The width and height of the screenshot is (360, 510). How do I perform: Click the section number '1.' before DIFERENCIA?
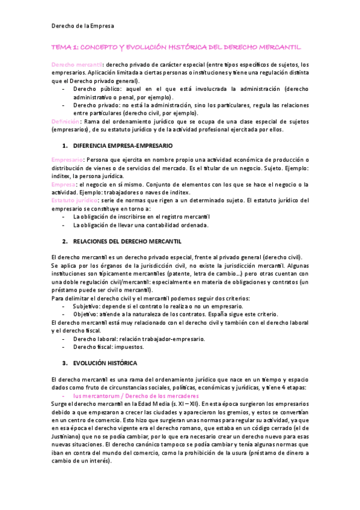[65, 146]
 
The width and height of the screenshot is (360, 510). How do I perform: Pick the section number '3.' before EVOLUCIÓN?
[65, 363]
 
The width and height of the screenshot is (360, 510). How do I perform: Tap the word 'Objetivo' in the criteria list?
[87, 315]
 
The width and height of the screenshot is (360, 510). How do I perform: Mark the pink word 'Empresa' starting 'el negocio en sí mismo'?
[64, 184]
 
